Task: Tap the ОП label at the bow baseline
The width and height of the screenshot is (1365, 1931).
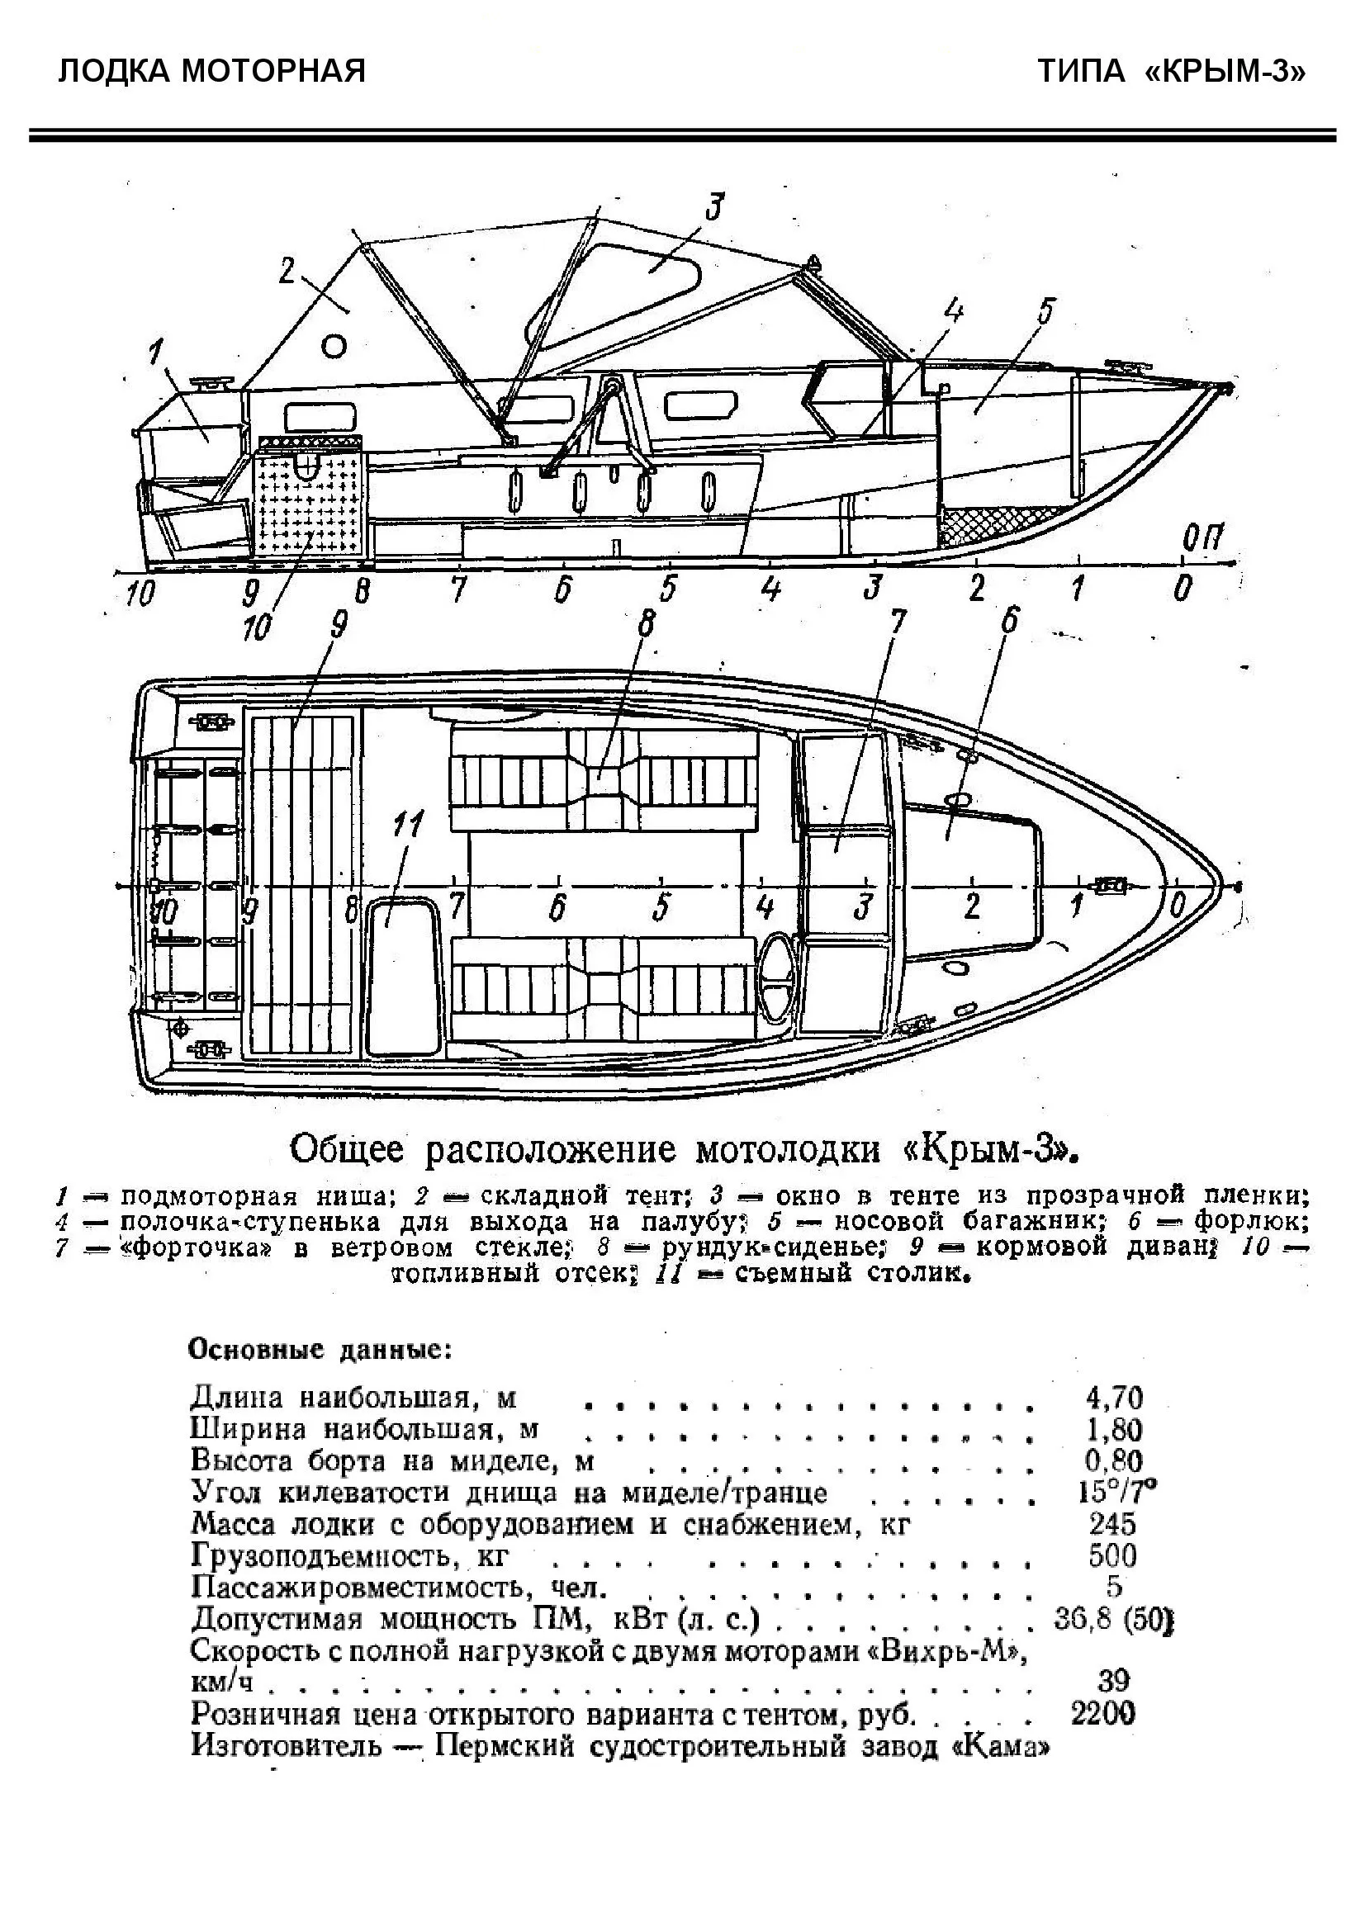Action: tap(1201, 537)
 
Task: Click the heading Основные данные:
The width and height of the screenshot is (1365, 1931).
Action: tap(320, 1351)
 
